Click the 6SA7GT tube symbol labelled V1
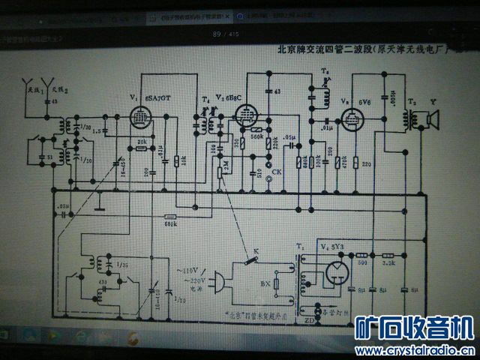(139, 117)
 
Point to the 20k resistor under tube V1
(142, 148)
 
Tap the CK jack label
(277, 172)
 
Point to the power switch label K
(256, 250)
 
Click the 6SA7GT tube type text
(162, 98)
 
